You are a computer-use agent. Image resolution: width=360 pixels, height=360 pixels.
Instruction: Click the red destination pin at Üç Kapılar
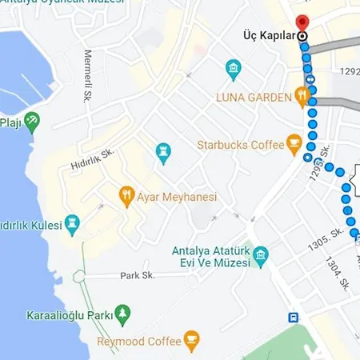point(302,22)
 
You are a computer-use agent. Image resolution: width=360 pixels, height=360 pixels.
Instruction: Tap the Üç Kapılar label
point(270,36)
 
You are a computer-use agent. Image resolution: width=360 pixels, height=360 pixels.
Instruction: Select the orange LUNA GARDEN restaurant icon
point(302,97)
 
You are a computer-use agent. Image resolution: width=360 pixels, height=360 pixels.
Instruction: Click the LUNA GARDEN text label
point(253,98)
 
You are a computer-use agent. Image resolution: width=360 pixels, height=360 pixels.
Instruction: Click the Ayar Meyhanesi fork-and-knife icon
point(126,194)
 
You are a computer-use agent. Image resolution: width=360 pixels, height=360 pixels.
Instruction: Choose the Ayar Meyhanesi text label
point(177,197)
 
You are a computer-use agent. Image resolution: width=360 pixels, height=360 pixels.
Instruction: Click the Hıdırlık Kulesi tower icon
point(73,225)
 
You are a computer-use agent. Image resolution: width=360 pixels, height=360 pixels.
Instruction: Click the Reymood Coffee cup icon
point(190,342)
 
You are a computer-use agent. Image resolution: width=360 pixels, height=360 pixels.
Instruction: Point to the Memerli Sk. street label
point(87,77)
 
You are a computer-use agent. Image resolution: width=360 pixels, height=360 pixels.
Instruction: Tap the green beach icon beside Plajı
point(32,122)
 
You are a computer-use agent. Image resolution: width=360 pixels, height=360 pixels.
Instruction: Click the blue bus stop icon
point(294,317)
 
